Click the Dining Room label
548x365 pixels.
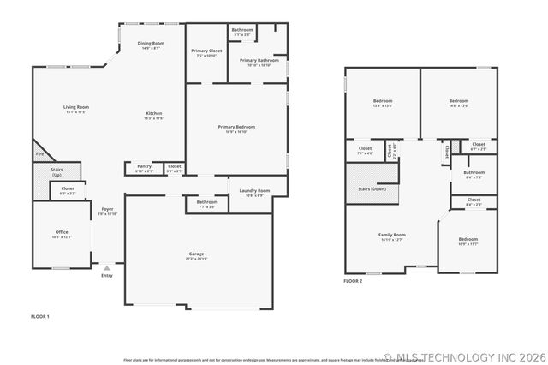[151, 43]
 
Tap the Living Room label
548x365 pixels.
[76, 107]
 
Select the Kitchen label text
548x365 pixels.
[154, 114]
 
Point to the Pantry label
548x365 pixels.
[144, 166]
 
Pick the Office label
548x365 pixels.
[62, 232]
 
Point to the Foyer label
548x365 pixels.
[107, 209]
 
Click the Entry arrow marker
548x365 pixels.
[107, 268]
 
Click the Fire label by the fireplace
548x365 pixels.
[39, 154]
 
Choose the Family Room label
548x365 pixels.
[392, 235]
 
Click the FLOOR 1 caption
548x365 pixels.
[40, 317]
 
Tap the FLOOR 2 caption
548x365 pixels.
[353, 281]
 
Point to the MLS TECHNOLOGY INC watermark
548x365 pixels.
[462, 356]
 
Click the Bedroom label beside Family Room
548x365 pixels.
[468, 239]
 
